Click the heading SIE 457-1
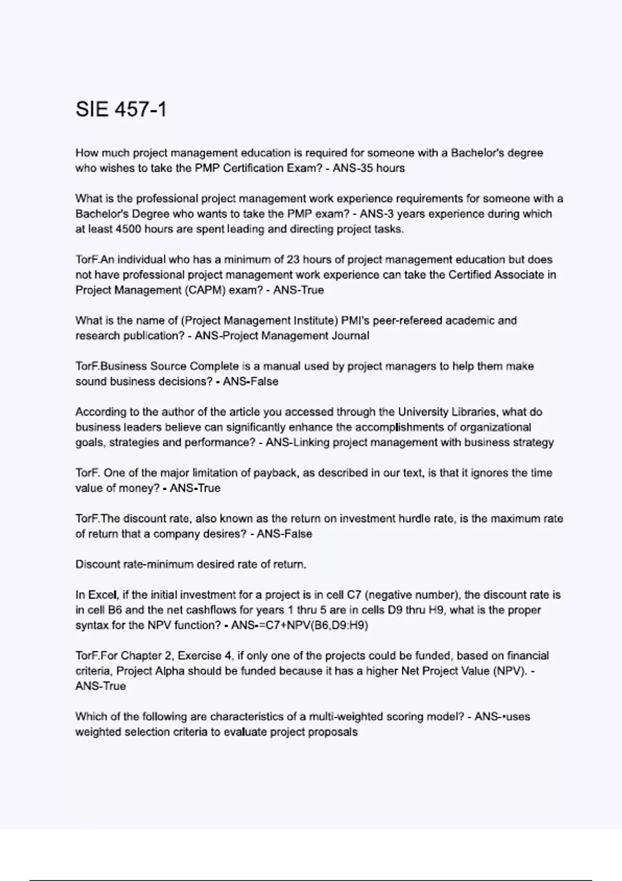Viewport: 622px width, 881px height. (x=121, y=109)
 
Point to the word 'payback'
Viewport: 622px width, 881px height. (x=273, y=473)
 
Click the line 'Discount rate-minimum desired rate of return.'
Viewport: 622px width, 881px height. (x=191, y=564)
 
